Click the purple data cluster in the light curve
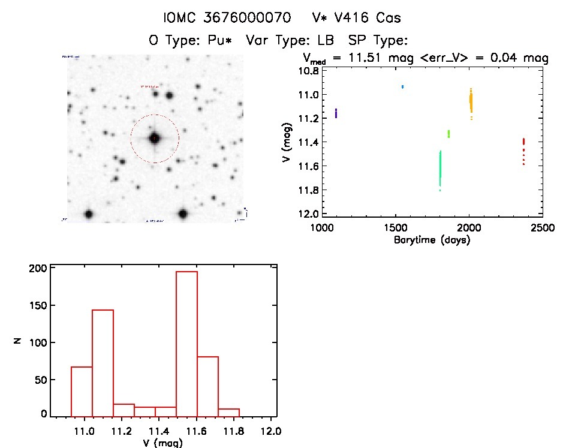click(x=336, y=113)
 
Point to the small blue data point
click(x=402, y=87)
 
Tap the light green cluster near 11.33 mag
click(x=448, y=134)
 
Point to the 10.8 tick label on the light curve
click(x=308, y=71)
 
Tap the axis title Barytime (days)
click(x=431, y=240)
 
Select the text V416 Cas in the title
click(x=370, y=17)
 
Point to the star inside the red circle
click(x=155, y=139)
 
